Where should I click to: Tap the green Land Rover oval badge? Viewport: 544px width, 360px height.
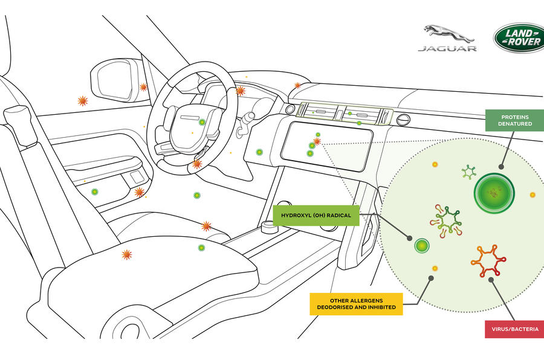pyautogui.click(x=519, y=37)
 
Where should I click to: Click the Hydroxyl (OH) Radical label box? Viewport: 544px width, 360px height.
pyautogui.click(x=316, y=215)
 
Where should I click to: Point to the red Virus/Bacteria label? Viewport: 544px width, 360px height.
pyautogui.click(x=514, y=330)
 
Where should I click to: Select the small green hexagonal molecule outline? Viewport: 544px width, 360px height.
pyautogui.click(x=469, y=172)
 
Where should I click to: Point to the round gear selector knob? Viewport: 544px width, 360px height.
pyautogui.click(x=267, y=228)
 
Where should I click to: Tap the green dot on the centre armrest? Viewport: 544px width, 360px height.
pyautogui.click(x=201, y=248)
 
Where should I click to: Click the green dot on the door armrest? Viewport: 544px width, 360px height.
pyautogui.click(x=94, y=192)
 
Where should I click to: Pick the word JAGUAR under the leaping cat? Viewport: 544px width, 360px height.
pyautogui.click(x=447, y=48)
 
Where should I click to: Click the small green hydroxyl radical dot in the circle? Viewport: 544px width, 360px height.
pyautogui.click(x=421, y=245)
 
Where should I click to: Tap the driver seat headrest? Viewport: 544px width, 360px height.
pyautogui.click(x=20, y=124)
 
